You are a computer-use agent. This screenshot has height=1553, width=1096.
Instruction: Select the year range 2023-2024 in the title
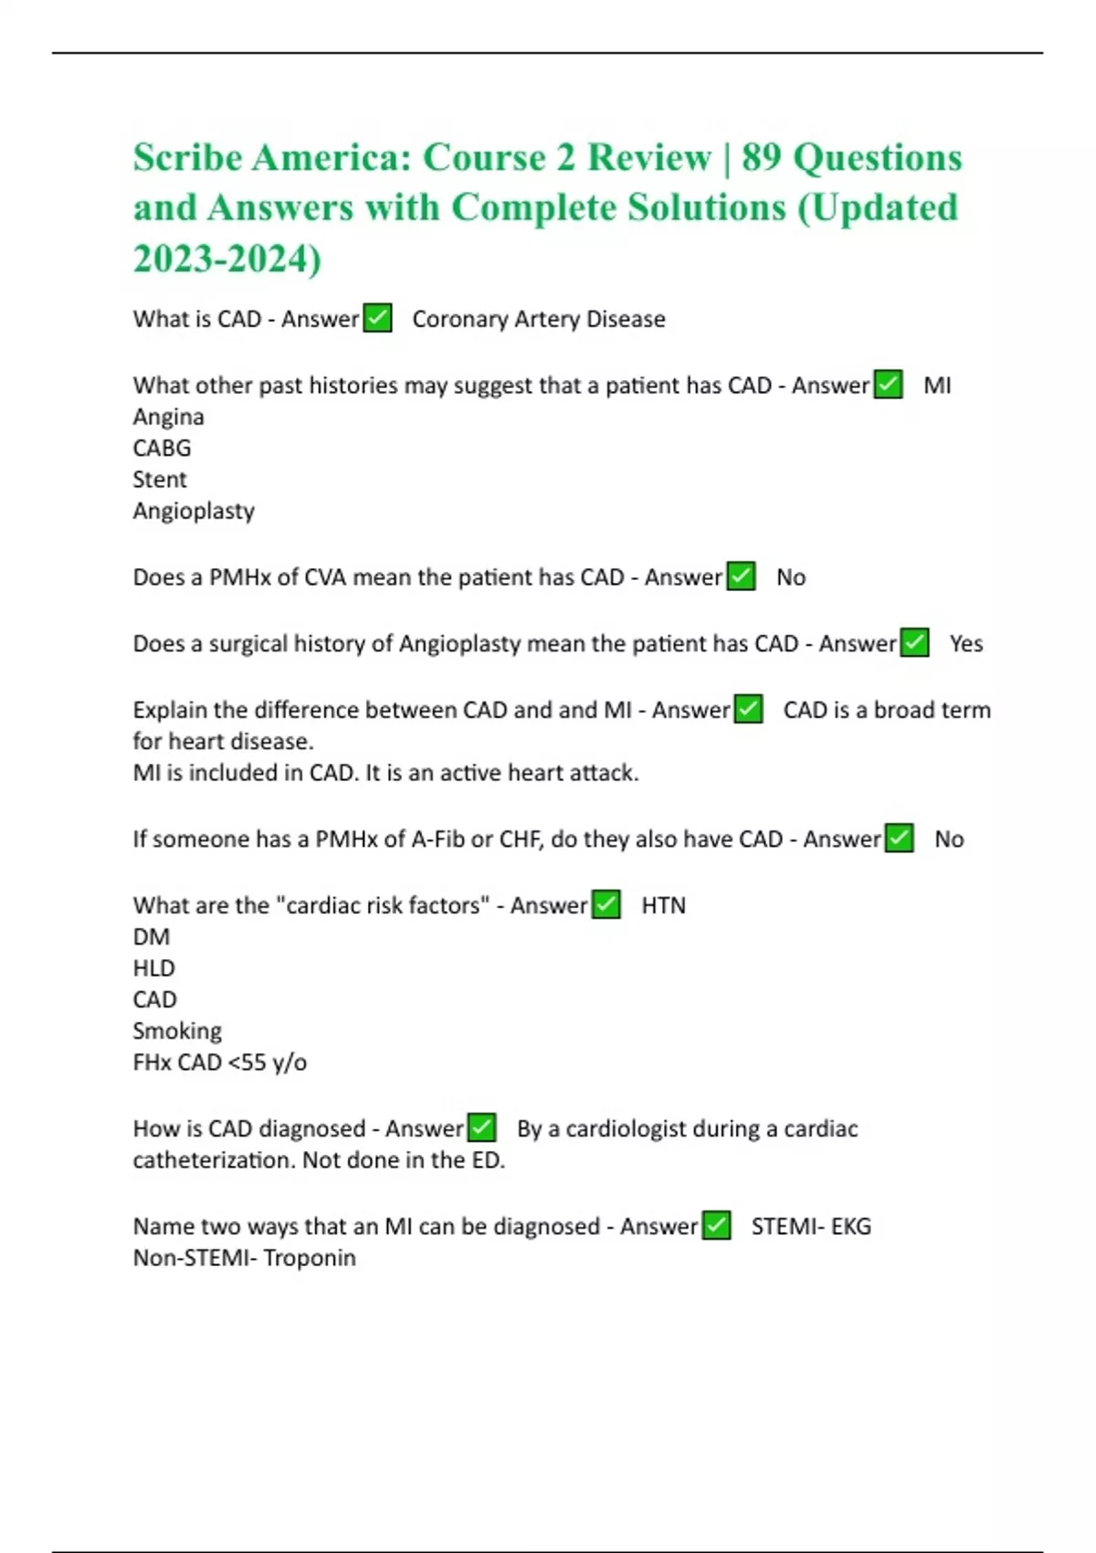click(x=227, y=259)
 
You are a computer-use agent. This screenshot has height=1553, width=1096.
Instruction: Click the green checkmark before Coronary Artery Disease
click(x=377, y=319)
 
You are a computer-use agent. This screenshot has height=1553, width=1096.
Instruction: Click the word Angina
click(x=168, y=417)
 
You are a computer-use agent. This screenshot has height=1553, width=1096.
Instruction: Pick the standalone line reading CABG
click(x=162, y=449)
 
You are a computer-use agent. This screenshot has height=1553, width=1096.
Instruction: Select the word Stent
click(x=159, y=480)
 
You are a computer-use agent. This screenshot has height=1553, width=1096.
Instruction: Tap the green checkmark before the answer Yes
click(x=914, y=643)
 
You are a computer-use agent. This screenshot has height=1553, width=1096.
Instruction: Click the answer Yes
click(x=965, y=644)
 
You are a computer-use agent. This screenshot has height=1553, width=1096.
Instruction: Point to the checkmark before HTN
click(x=606, y=904)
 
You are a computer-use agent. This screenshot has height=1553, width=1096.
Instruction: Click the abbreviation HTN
click(x=663, y=905)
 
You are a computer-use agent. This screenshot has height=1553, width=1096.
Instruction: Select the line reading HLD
click(x=153, y=968)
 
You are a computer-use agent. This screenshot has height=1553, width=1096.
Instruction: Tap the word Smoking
click(x=177, y=1031)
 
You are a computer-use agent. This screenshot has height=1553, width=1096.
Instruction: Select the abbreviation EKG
click(x=850, y=1226)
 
